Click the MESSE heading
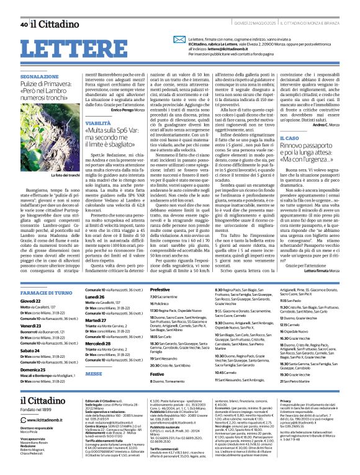pyautogui.click(x=76, y=374)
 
